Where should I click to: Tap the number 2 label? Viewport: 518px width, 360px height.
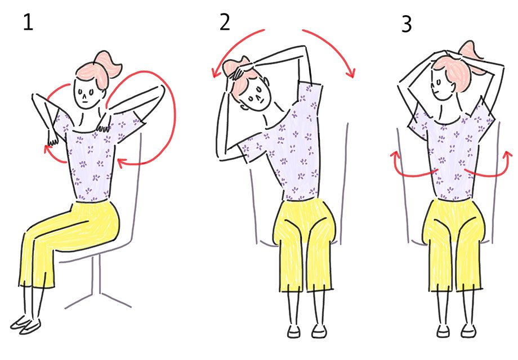(225, 22)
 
